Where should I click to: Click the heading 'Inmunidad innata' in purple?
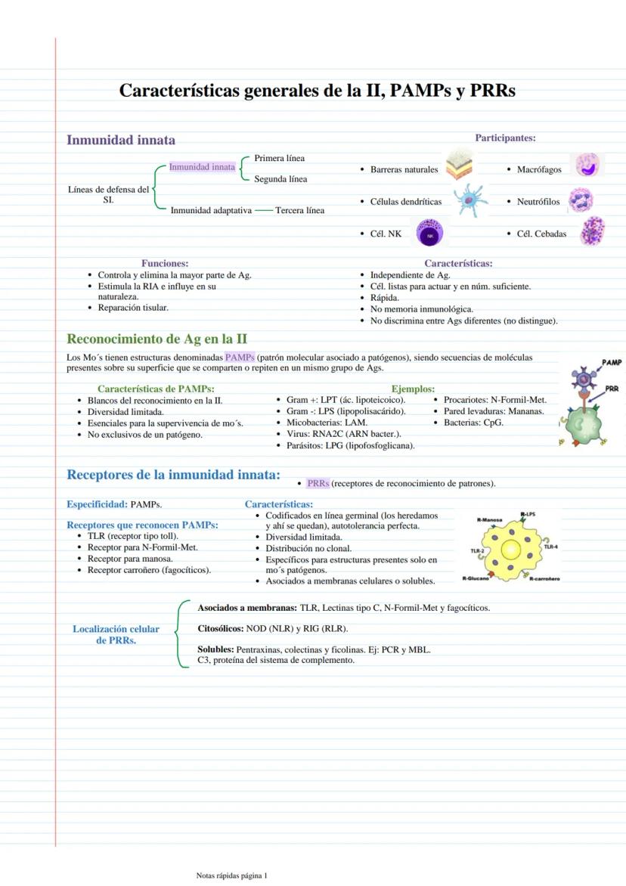[121, 140]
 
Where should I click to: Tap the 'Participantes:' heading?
[505, 138]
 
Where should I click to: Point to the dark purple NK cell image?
[430, 234]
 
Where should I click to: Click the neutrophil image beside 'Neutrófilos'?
[581, 201]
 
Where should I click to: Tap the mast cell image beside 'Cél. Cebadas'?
[592, 231]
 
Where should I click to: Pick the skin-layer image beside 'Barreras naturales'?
[460, 166]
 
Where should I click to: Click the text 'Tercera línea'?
[300, 210]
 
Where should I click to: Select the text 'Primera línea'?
[280, 158]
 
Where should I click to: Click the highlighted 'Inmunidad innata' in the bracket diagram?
[202, 167]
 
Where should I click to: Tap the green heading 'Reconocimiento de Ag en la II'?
[156, 339]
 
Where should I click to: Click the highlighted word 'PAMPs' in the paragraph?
[240, 357]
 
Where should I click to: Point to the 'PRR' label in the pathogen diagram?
[612, 389]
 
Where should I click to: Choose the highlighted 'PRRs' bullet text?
[318, 483]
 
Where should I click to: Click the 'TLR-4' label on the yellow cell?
[550, 547]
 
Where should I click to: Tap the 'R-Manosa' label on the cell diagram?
[490, 520]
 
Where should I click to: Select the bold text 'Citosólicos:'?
[221, 628]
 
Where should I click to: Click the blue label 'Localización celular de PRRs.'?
[116, 634]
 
